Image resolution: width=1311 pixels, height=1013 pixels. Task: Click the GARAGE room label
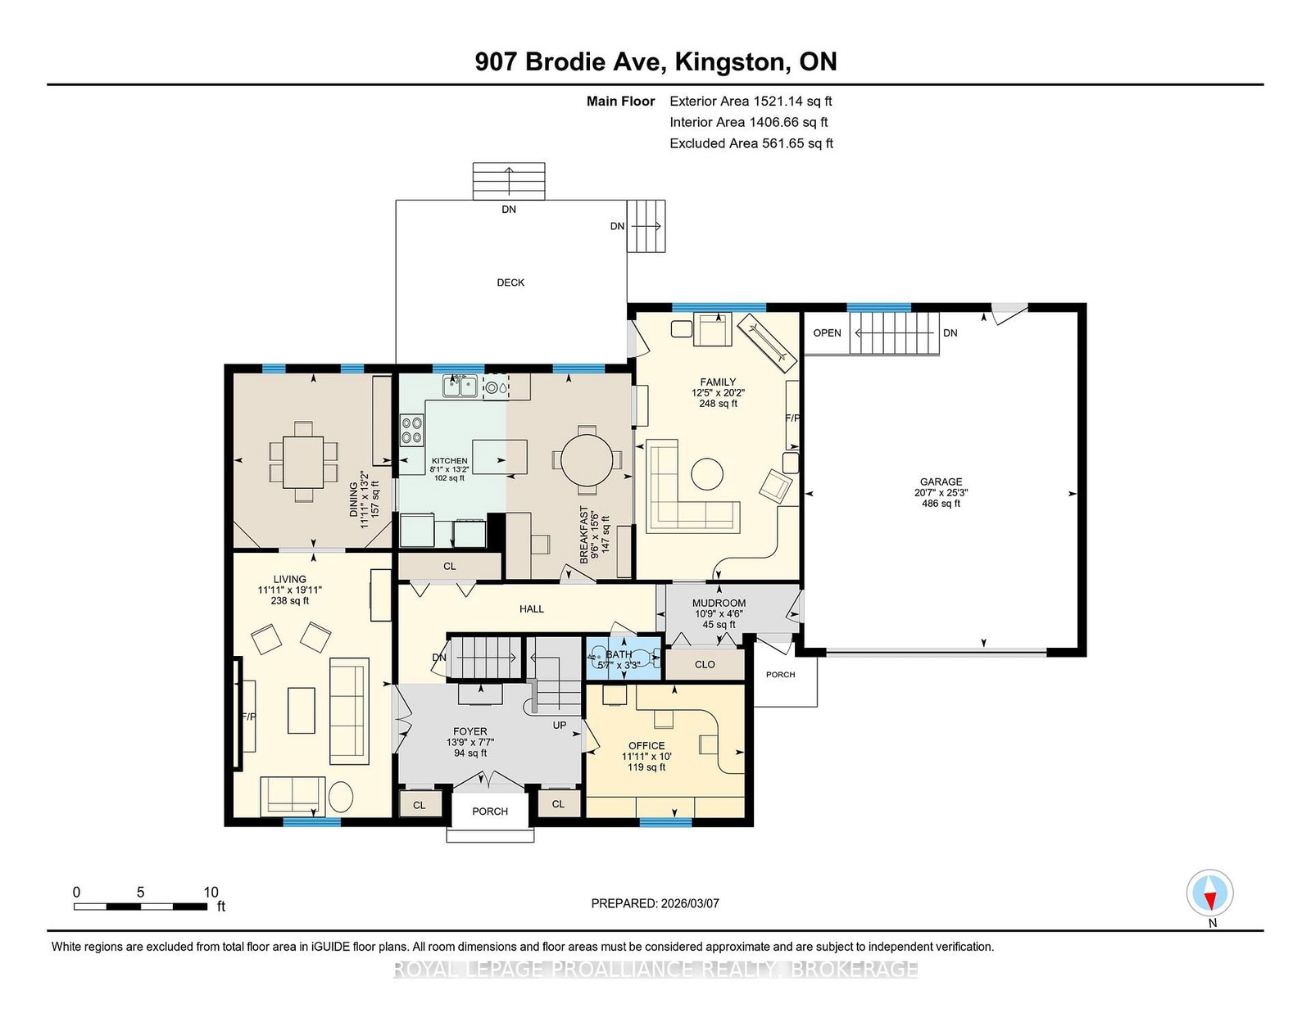941,482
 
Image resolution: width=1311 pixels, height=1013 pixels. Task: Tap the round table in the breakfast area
586,460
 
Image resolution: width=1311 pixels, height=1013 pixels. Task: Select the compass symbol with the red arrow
1209,893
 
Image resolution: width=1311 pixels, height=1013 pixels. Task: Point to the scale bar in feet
141,907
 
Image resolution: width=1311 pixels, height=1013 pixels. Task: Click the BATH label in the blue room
619,654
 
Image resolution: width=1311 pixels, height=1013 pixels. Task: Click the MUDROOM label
719,603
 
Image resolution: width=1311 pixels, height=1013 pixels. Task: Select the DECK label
510,283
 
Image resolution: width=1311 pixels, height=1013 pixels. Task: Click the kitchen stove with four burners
412,430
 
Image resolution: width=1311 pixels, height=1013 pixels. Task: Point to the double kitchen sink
460,386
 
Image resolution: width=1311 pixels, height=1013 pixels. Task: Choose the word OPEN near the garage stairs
827,332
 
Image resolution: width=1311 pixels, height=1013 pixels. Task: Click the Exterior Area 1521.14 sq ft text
751,102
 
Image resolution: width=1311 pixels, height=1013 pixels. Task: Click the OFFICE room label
646,746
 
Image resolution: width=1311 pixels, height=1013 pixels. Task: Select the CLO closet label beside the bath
705,664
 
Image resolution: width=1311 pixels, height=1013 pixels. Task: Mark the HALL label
532,609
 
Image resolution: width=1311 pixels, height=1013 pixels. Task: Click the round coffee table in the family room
706,474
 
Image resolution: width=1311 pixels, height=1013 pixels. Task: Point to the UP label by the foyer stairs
560,726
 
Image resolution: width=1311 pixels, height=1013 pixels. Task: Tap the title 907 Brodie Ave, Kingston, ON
655,62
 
